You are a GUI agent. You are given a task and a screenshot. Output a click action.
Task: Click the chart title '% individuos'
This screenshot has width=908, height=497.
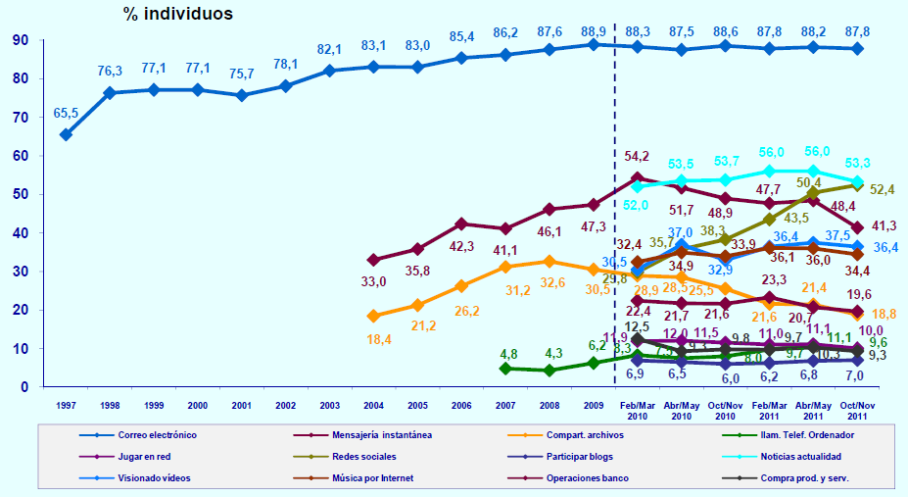(177, 14)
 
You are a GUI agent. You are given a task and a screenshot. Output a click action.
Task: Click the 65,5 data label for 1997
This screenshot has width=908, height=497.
(67, 115)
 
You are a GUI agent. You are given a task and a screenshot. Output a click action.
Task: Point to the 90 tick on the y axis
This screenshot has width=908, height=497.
(20, 40)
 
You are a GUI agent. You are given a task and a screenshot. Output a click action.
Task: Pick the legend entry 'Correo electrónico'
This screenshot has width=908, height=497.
(155, 433)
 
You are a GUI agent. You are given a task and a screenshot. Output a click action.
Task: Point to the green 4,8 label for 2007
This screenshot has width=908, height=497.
(508, 354)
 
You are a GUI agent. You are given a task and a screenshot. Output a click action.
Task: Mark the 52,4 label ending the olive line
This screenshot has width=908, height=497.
(884, 189)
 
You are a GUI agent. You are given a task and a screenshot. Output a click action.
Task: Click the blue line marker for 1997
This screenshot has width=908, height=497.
(66, 134)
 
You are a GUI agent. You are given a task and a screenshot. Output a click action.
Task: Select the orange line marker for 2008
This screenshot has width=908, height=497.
(550, 262)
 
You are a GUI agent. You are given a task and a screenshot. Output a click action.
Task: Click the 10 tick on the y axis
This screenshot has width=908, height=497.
(20, 348)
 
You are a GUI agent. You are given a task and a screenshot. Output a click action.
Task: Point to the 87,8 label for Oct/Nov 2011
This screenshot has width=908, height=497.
(856, 28)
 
